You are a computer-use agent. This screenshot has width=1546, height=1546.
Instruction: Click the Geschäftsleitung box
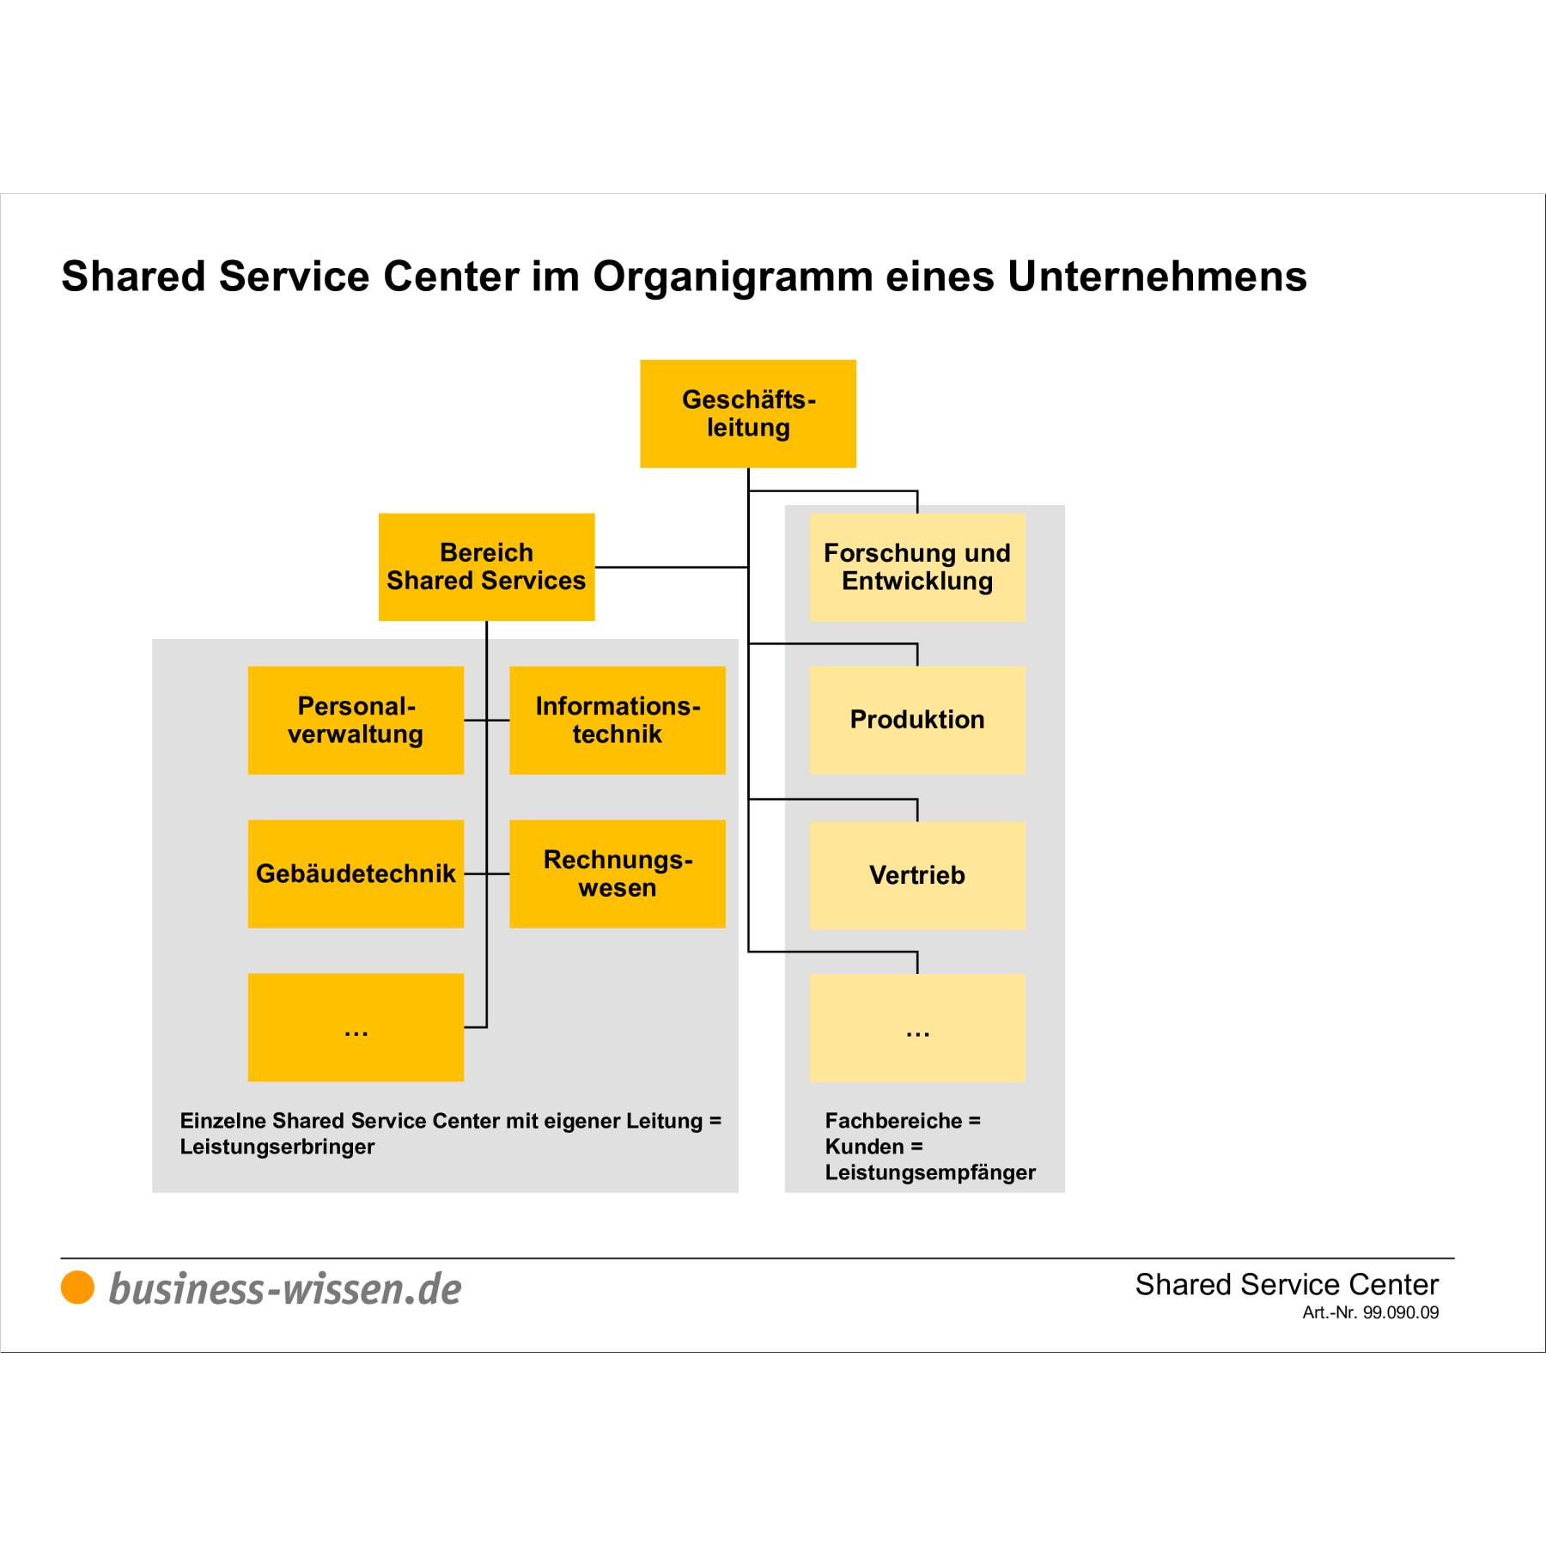click(747, 413)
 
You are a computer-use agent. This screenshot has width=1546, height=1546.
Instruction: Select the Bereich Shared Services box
click(486, 567)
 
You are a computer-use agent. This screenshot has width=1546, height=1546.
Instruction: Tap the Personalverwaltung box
click(356, 720)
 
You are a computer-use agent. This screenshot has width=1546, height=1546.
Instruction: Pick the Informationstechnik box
click(617, 720)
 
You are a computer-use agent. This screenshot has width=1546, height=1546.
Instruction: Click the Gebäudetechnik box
click(356, 873)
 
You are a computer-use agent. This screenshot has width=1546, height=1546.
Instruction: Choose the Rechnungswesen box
click(617, 873)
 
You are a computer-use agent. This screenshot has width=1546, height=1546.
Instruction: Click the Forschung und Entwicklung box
click(916, 567)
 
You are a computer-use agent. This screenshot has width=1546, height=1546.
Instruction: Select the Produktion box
click(916, 720)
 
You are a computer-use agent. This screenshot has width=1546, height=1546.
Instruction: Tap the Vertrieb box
click(916, 875)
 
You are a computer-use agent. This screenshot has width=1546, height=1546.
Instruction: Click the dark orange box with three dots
click(356, 1026)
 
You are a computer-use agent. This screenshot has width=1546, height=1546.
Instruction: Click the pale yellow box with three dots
click(916, 1026)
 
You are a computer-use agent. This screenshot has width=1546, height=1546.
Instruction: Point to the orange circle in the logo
click(77, 1287)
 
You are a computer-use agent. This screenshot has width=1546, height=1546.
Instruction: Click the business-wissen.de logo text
click(285, 1289)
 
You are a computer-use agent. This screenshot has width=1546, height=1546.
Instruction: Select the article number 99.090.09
click(1400, 1312)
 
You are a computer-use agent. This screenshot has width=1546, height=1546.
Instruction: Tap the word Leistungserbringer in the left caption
click(277, 1147)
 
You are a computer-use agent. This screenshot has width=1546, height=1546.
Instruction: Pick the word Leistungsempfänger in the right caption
click(929, 1172)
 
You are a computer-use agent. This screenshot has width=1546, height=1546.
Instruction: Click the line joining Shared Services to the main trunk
click(670, 567)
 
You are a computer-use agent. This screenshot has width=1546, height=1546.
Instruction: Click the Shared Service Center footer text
click(1286, 1284)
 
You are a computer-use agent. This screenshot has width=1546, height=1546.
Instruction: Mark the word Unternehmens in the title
click(1156, 277)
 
